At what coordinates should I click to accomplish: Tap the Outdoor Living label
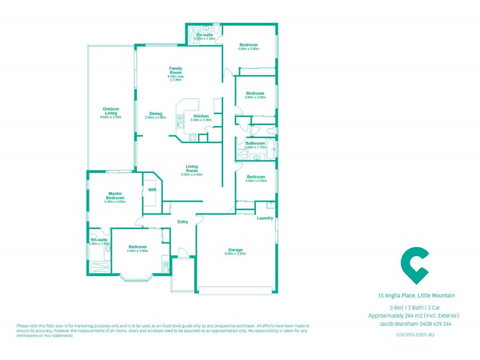pos(110,111)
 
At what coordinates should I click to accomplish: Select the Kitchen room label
pos(201,116)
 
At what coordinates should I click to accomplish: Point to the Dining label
pos(155,113)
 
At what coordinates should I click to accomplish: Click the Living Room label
pos(191,168)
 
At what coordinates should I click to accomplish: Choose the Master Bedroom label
pos(115,196)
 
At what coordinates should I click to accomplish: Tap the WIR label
pos(152,190)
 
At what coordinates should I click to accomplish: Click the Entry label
pos(182,222)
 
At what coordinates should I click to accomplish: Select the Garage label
pos(235,250)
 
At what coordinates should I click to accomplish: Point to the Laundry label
pos(265,218)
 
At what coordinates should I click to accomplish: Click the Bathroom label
pos(255,143)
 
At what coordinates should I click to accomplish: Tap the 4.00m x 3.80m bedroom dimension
pos(248,49)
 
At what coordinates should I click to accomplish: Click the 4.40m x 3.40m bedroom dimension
pos(137,251)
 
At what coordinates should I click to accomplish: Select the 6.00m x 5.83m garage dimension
pos(235,254)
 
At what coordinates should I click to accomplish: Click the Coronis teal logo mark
pos(415,265)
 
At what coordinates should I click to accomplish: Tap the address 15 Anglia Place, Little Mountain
pos(416,295)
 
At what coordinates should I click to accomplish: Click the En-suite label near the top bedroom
pos(205,35)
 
